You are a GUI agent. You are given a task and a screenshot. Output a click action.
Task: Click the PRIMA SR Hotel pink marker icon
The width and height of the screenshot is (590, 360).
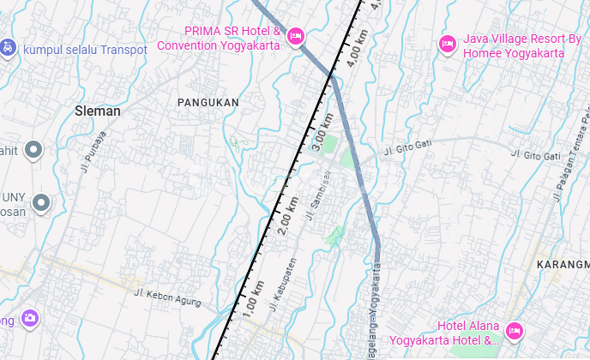[x=295, y=35]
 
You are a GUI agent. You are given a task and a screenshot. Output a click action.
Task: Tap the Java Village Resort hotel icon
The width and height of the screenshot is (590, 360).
[x=447, y=44]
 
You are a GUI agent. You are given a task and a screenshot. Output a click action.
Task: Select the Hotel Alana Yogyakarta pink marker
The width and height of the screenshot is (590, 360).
[x=514, y=330]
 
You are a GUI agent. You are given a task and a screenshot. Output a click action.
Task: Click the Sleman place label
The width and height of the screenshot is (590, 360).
[x=98, y=111]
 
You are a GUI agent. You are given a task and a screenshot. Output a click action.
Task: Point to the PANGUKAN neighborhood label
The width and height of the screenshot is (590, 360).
[x=208, y=102]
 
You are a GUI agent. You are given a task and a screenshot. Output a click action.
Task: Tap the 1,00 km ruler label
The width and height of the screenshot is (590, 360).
[x=254, y=305]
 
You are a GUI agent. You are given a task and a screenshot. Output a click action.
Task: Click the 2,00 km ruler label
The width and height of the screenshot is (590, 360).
[x=288, y=217]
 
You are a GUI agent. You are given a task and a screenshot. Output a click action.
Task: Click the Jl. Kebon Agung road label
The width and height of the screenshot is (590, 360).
[x=167, y=297]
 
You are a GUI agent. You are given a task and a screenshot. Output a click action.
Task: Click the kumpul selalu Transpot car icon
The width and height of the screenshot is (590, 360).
[x=8, y=47]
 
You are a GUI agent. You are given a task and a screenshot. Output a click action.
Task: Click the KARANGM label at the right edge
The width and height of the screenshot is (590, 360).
[x=563, y=265]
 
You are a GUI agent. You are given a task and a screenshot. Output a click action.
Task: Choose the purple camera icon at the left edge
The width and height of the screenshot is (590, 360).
[x=30, y=318]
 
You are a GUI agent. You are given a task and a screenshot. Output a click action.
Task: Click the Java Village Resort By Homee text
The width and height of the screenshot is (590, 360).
[x=514, y=45]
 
